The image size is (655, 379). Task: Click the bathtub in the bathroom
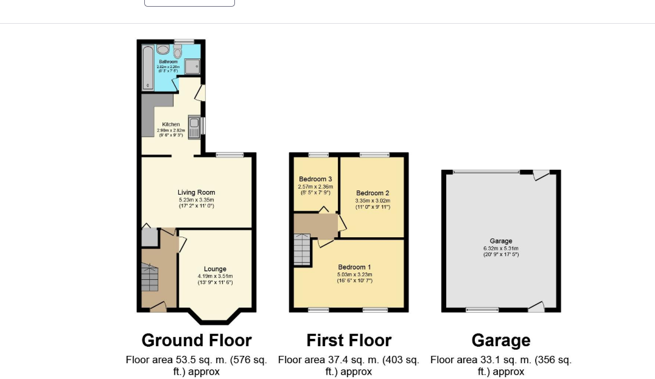tap(147, 67)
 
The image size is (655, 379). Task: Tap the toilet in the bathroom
tap(178, 52)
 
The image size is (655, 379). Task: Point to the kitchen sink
tap(194, 127)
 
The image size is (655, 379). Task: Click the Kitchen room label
tap(170, 124)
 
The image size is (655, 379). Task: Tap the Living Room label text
tap(196, 192)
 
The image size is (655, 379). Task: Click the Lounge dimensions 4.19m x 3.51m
tap(215, 276)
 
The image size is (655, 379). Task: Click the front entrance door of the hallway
tap(158, 307)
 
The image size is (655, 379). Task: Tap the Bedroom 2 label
tap(373, 193)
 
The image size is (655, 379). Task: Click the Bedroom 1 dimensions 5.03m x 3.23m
tap(355, 274)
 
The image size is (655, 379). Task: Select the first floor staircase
tap(303, 250)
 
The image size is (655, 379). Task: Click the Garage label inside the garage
tap(501, 241)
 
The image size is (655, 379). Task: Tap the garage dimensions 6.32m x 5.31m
tap(501, 248)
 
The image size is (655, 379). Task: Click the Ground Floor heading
tap(196, 340)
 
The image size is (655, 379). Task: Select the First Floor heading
tap(349, 340)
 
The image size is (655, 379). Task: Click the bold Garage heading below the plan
tap(501, 340)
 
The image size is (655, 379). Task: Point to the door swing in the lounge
tap(182, 244)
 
